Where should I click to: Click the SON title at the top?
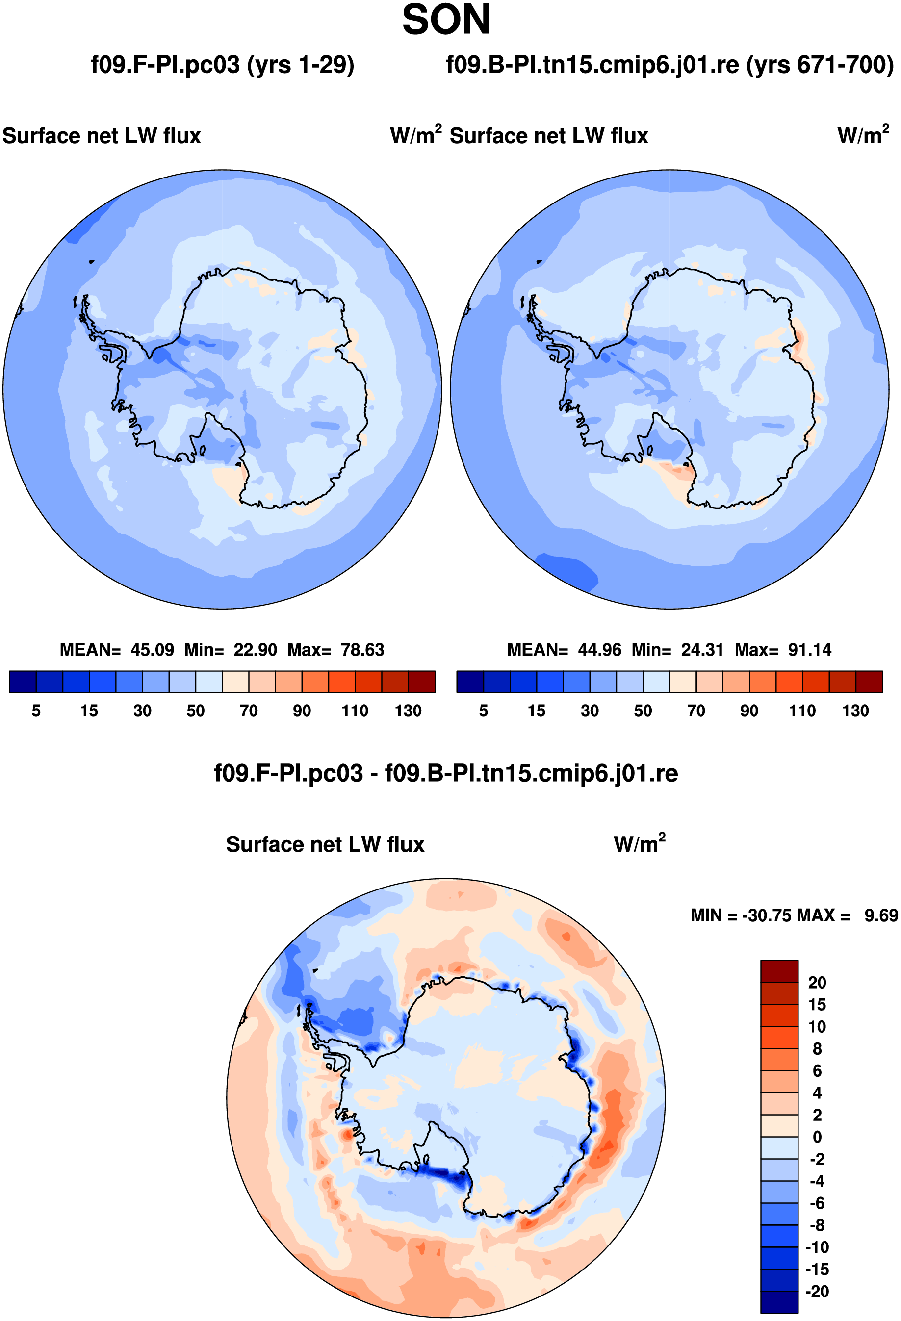pyautogui.click(x=446, y=21)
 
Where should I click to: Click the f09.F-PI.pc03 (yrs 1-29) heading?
pyautogui.click(x=222, y=65)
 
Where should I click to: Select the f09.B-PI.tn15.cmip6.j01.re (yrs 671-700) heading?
pyautogui.click(x=669, y=65)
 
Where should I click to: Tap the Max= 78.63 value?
pyautogui.click(x=335, y=650)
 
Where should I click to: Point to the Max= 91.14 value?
pyautogui.click(x=783, y=650)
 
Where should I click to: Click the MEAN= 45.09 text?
pyautogui.click(x=117, y=650)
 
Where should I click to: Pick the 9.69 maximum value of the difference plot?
pyautogui.click(x=880, y=915)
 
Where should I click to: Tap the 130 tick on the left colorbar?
pyautogui.click(x=408, y=711)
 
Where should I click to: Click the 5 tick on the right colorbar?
pyautogui.click(x=483, y=711)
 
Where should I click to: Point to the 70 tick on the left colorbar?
pyautogui.click(x=248, y=711)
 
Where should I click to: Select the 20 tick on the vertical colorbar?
pyautogui.click(x=817, y=982)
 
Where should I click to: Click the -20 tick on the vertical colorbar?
pyautogui.click(x=817, y=1291)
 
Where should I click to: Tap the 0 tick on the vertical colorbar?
pyautogui.click(x=817, y=1137)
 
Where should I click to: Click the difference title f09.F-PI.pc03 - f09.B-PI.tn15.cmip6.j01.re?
pyautogui.click(x=446, y=774)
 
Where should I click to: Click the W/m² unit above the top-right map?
pyautogui.click(x=863, y=135)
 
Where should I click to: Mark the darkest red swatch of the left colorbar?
pyautogui.click(x=421, y=682)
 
